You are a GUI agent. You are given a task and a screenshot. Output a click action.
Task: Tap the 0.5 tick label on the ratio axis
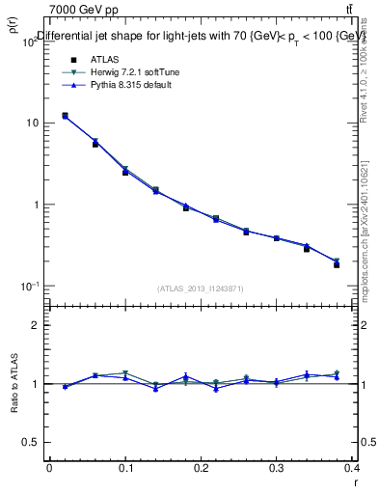pyautogui.click(x=31, y=442)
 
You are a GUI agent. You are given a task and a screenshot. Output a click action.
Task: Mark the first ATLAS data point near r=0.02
pyautogui.click(x=65, y=116)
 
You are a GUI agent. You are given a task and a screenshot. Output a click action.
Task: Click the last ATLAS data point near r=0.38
pyautogui.click(x=337, y=264)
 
